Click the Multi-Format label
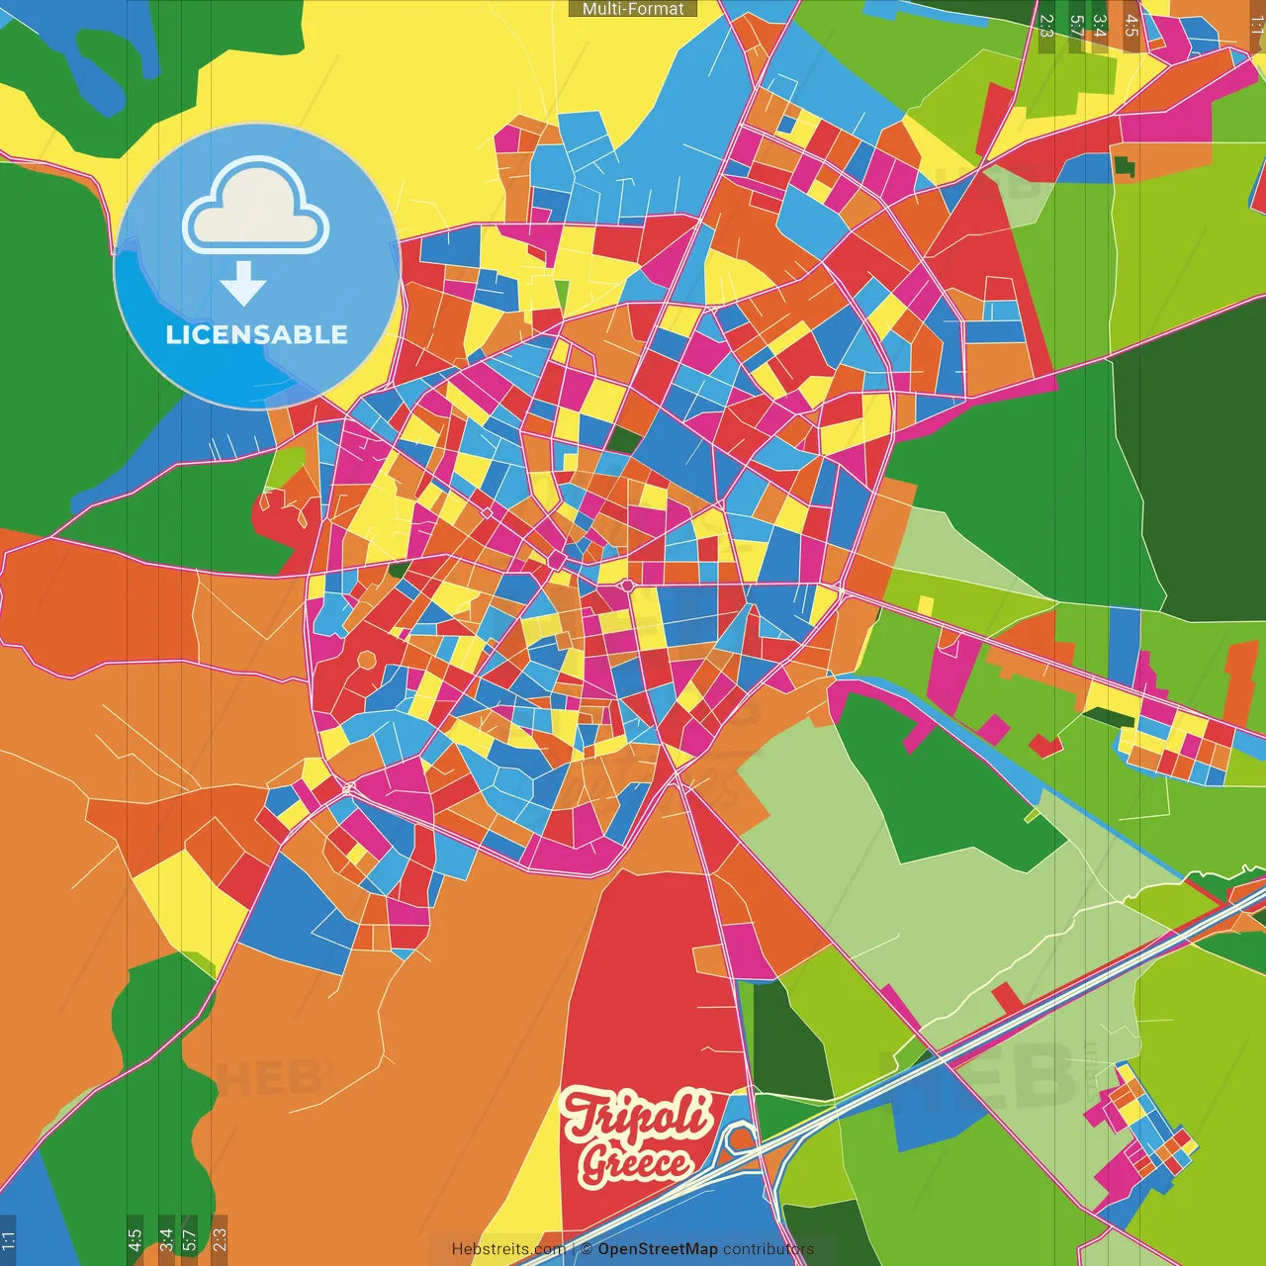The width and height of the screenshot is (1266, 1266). click(x=633, y=9)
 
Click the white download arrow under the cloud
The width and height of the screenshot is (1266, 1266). click(x=243, y=283)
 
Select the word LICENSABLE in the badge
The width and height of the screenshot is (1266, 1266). click(x=256, y=334)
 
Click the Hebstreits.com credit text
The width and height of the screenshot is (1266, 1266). click(x=507, y=1249)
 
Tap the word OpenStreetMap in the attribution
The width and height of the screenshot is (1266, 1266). click(x=657, y=1249)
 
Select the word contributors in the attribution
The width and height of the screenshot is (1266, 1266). click(x=768, y=1249)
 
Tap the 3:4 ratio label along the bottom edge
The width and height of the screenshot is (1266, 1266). click(x=166, y=1238)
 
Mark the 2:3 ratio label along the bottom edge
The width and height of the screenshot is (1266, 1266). click(x=220, y=1238)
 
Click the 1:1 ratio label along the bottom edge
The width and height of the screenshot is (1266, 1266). click(x=8, y=1238)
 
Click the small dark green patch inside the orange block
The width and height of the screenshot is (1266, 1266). click(x=1125, y=166)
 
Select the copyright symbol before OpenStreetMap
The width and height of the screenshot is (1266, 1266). click(x=587, y=1249)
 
